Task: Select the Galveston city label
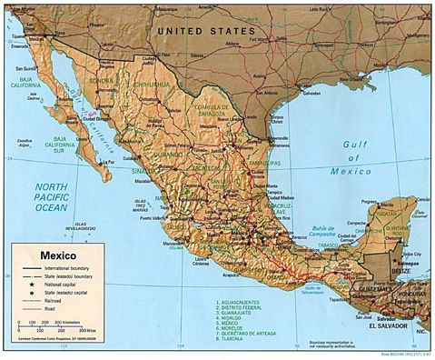coord(312,93)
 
